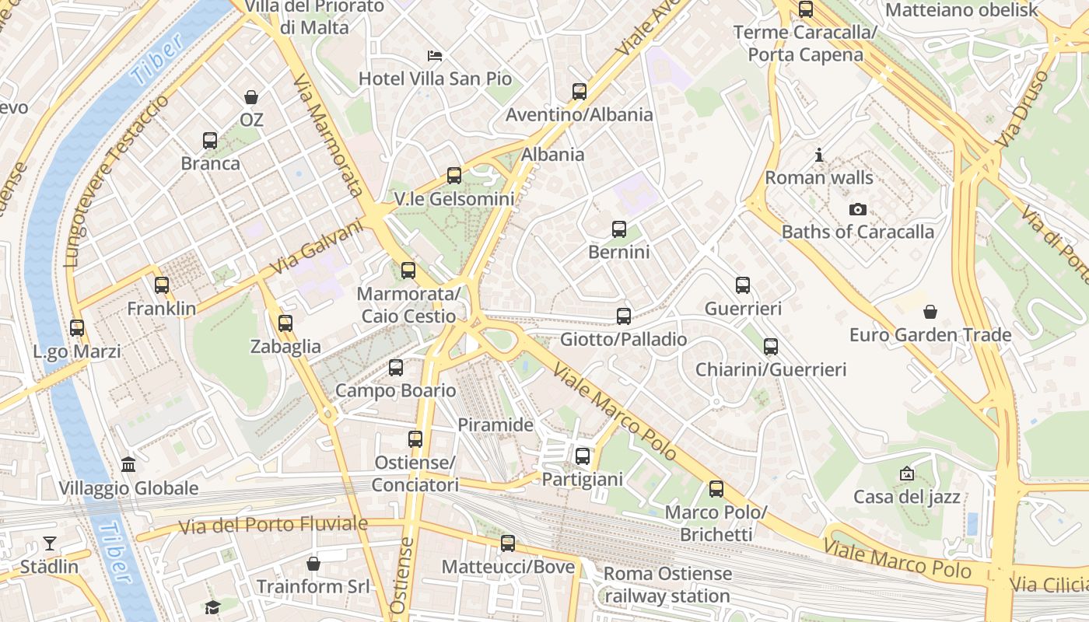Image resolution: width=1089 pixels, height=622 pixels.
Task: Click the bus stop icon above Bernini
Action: pyautogui.click(x=619, y=229)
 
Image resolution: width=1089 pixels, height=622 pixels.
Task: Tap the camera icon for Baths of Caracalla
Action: pyautogui.click(x=858, y=209)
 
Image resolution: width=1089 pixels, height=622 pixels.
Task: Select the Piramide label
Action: pyautogui.click(x=495, y=425)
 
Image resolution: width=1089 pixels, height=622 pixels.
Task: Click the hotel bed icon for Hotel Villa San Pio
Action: pyautogui.click(x=435, y=56)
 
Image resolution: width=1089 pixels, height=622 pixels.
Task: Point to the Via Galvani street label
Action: pyautogui.click(x=317, y=247)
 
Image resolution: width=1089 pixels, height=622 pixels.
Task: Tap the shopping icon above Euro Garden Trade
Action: pyautogui.click(x=930, y=313)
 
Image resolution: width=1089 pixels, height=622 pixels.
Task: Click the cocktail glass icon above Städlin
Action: pyautogui.click(x=50, y=543)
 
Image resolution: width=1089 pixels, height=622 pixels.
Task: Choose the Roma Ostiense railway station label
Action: pyautogui.click(x=668, y=585)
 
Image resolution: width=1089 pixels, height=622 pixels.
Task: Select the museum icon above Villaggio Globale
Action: pyautogui.click(x=128, y=465)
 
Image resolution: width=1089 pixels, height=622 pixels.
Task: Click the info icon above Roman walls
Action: pyautogui.click(x=819, y=155)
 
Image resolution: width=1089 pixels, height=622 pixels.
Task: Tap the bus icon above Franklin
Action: pyautogui.click(x=162, y=285)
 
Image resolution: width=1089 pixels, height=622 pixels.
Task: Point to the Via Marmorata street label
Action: pyautogui.click(x=329, y=135)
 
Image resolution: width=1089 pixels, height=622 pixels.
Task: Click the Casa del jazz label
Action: pyautogui.click(x=907, y=496)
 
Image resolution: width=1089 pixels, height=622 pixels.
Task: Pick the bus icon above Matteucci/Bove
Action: pyautogui.click(x=508, y=543)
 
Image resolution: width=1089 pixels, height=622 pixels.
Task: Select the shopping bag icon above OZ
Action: pyautogui.click(x=251, y=97)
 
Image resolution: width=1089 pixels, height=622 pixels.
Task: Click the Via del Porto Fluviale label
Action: pyautogui.click(x=273, y=525)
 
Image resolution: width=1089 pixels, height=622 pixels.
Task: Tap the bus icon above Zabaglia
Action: pyautogui.click(x=285, y=323)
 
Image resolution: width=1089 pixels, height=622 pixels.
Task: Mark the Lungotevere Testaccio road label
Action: pyautogui.click(x=117, y=182)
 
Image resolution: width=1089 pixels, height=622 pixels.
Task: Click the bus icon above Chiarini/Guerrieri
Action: pyautogui.click(x=771, y=347)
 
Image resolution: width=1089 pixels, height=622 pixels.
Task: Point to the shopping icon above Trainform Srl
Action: pyautogui.click(x=313, y=563)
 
